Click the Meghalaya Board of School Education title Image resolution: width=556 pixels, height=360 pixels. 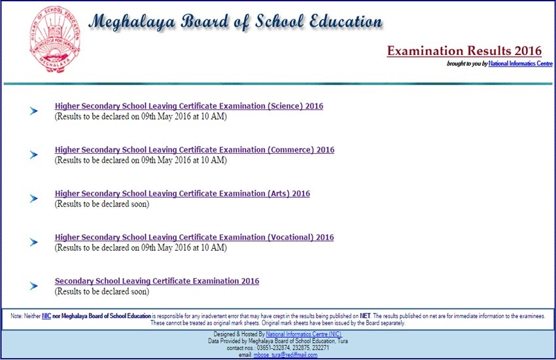tap(235, 22)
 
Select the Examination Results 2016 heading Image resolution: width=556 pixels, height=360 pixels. tap(464, 51)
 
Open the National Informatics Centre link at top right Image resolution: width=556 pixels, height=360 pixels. tap(521, 63)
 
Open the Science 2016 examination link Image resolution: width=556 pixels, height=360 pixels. tap(188, 106)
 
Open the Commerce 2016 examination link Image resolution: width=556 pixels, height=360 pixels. tap(194, 150)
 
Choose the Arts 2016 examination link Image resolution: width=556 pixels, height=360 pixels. tap(182, 194)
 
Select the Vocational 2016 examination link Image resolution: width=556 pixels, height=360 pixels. tap(194, 238)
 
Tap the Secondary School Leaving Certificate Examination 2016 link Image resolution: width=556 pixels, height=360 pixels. tap(156, 281)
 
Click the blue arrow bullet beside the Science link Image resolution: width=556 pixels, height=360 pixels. tap(34, 111)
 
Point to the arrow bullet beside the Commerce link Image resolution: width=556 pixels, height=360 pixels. tap(34, 155)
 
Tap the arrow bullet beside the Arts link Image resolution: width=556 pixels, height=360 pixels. tap(34, 199)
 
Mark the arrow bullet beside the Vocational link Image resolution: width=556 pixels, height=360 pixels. tap(34, 243)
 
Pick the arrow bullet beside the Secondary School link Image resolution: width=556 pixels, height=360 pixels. tap(34, 286)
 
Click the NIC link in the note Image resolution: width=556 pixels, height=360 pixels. tap(46, 315)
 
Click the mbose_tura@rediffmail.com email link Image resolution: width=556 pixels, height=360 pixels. tap(290, 355)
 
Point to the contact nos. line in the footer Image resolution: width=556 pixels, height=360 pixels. tap(277, 348)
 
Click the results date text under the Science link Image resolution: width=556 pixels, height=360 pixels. tap(140, 117)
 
